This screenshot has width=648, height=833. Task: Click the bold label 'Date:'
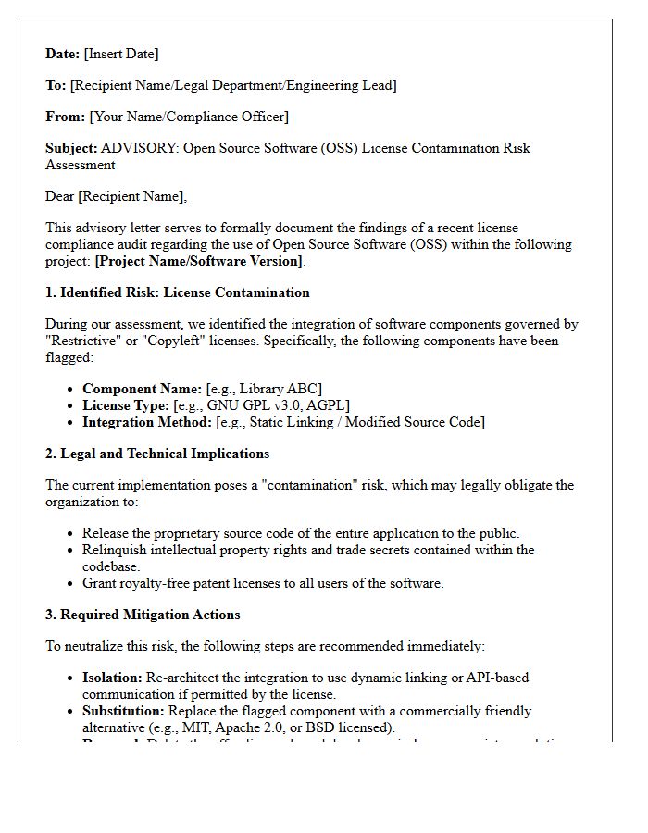coord(62,54)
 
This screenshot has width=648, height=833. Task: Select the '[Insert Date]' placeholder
coord(121,54)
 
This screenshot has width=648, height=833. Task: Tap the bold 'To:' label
coord(56,85)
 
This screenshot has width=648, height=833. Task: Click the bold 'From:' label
coord(65,117)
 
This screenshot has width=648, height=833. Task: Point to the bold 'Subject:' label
coord(71,148)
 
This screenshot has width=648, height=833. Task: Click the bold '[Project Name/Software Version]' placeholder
coord(198,261)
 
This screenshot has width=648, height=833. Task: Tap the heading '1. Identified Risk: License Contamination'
coord(177,292)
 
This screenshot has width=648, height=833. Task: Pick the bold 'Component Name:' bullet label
coord(142,389)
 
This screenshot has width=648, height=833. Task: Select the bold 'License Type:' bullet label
coord(125,405)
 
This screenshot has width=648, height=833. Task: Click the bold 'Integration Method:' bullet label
coord(146,422)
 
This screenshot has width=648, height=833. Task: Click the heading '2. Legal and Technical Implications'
coord(157,454)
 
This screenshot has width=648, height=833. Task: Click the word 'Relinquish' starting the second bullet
coord(116,550)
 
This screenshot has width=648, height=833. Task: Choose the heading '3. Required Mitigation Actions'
coord(143,615)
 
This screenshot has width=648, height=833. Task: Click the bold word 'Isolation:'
coord(112,678)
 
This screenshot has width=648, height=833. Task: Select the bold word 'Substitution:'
coord(123,711)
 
